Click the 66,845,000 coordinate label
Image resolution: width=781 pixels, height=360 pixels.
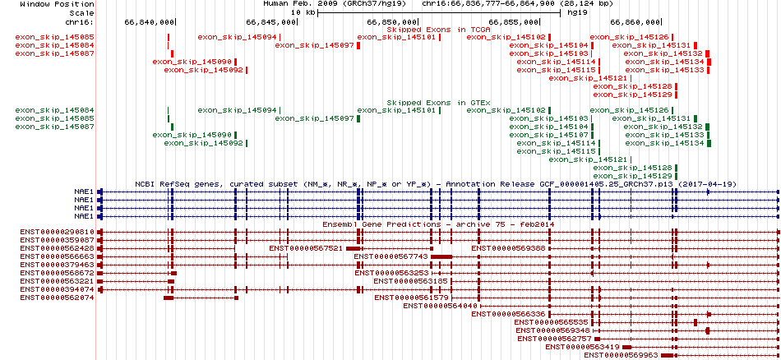[271, 22]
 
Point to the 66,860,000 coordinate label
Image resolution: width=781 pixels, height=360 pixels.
[635, 22]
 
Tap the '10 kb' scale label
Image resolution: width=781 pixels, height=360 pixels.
[303, 12]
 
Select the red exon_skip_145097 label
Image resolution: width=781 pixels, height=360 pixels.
[314, 45]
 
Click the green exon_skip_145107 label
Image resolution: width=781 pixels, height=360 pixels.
[548, 135]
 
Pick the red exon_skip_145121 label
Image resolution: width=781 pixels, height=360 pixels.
[588, 78]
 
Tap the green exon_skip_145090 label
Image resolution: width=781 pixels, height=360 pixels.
[192, 135]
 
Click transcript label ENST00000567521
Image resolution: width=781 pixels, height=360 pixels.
[306, 248]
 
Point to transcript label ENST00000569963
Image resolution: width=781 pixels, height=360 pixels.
[622, 355]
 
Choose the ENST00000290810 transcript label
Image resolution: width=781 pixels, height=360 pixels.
[58, 232]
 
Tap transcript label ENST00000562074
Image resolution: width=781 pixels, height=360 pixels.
[58, 298]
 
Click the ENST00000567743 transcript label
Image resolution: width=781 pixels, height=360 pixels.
[391, 256]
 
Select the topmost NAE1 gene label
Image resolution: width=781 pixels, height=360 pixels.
[84, 192]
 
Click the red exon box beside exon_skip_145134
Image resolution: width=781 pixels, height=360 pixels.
[709, 62]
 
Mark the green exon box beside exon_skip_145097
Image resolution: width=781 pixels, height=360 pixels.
[358, 118]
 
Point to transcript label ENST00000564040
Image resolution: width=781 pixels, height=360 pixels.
[441, 306]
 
